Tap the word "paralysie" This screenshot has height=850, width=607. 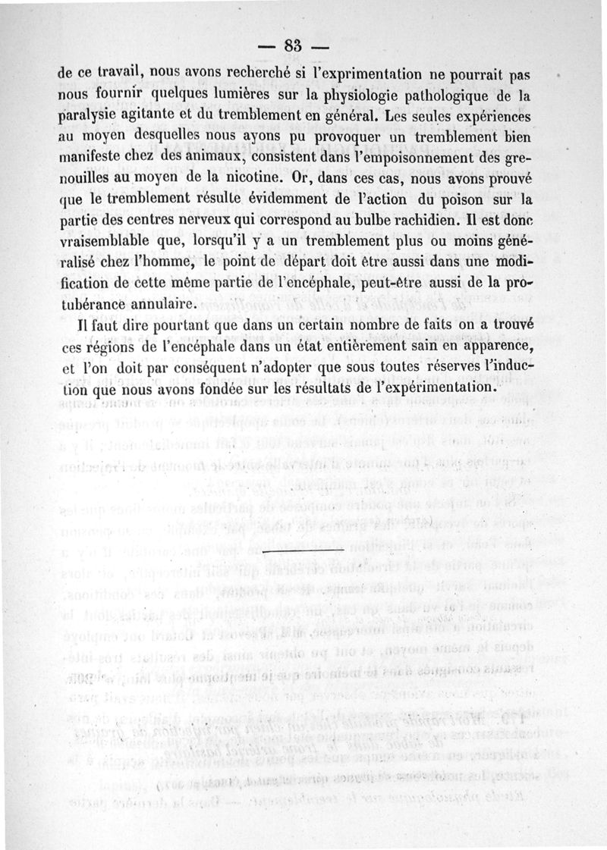(91, 118)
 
